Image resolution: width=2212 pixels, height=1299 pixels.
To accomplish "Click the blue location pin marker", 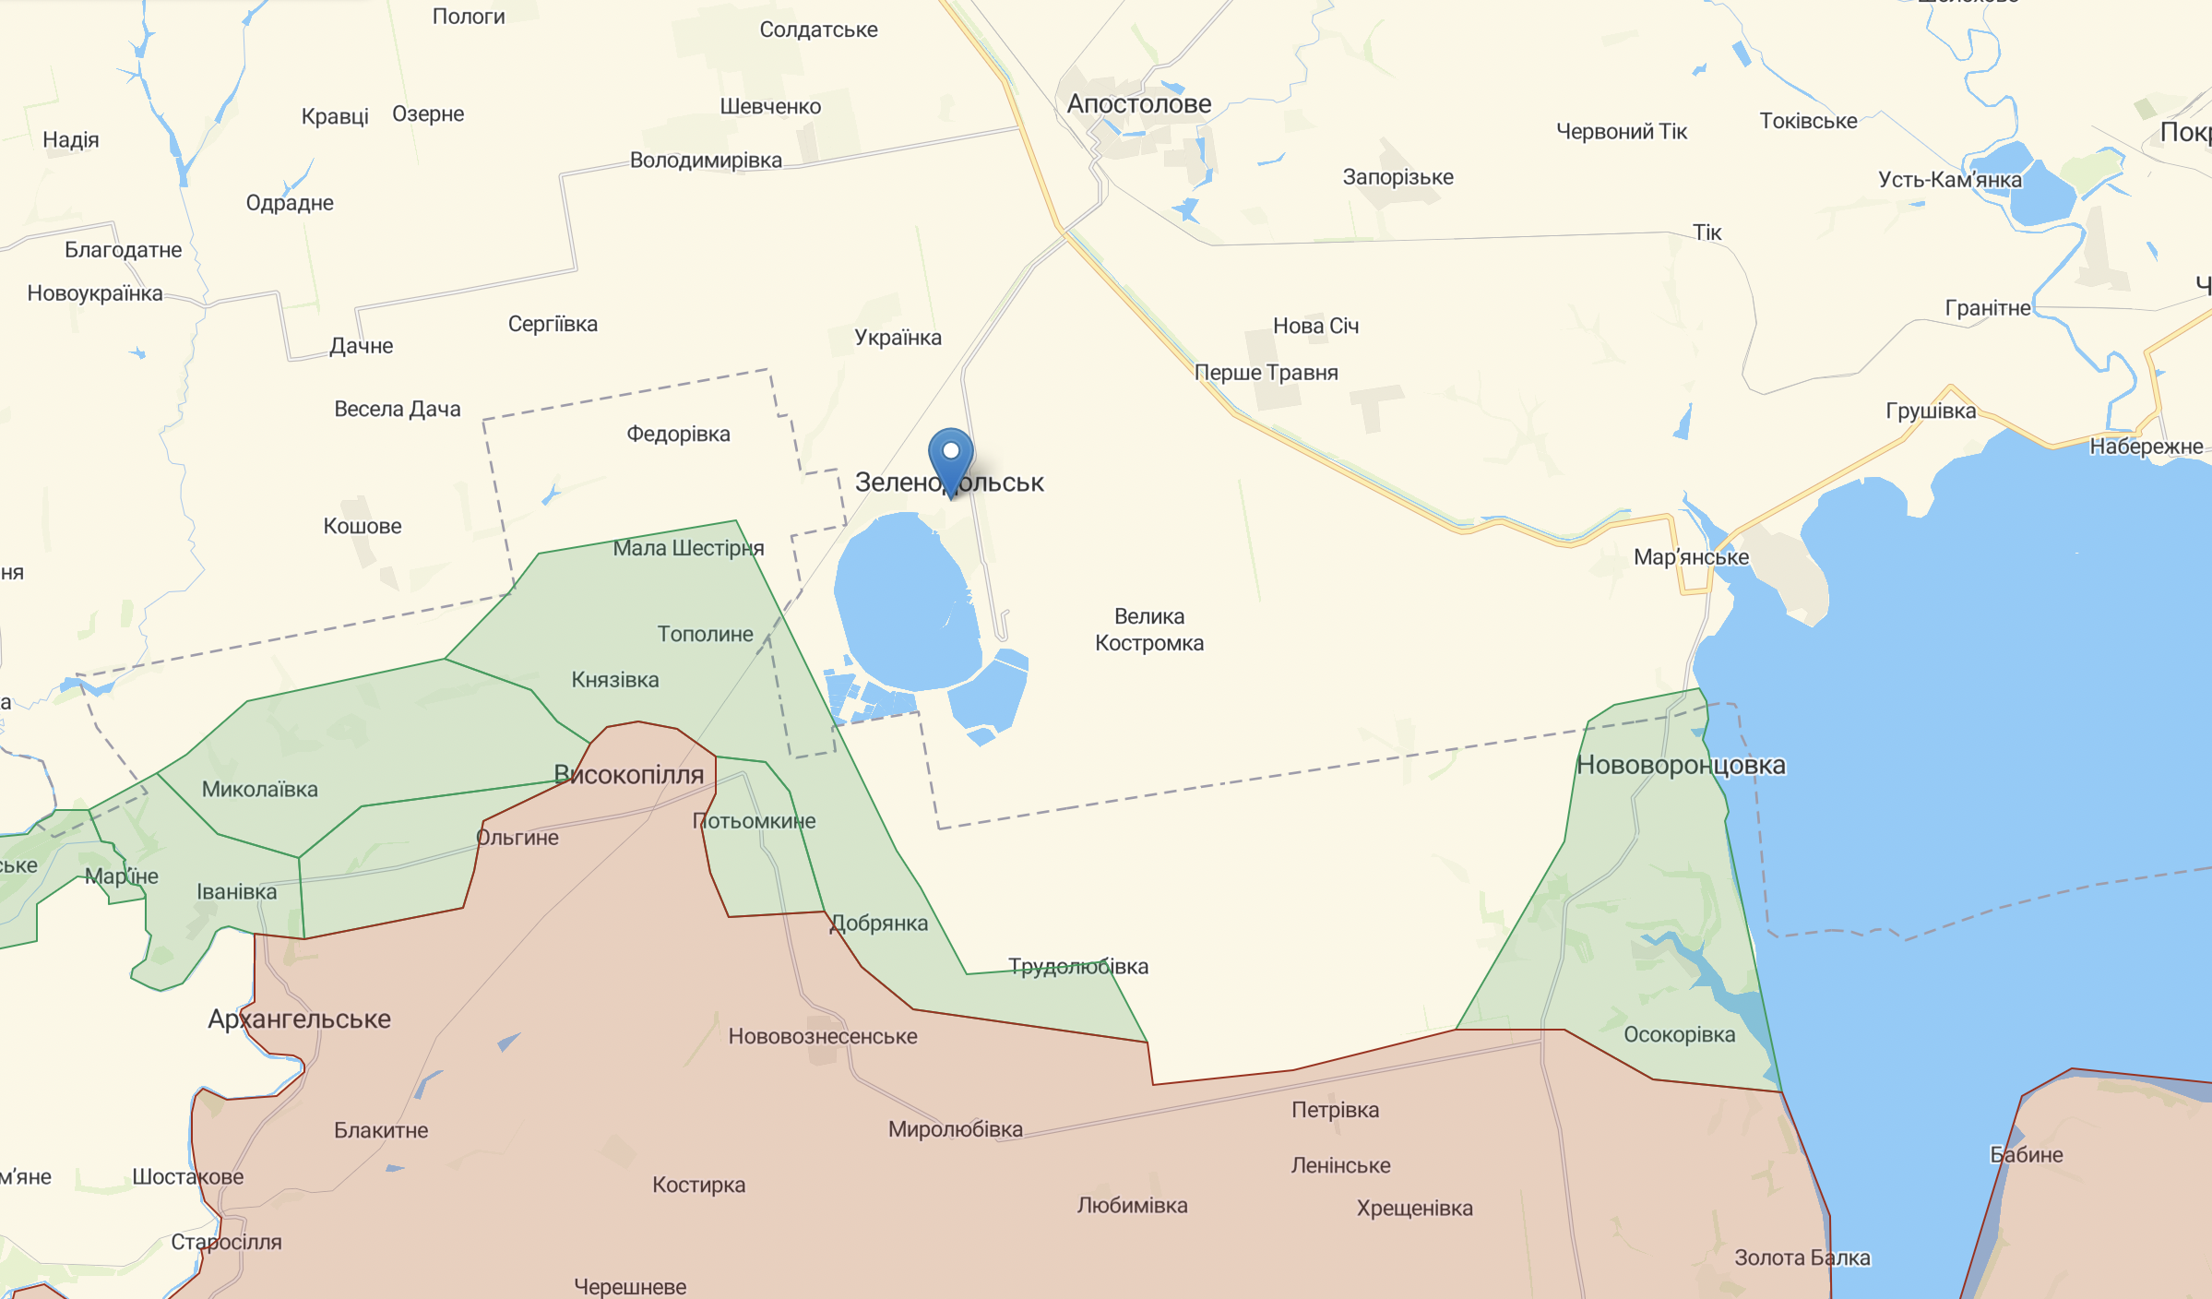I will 950,458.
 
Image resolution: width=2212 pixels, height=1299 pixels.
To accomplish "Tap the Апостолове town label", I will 1138,104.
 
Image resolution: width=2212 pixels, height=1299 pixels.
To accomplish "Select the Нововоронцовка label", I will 1681,765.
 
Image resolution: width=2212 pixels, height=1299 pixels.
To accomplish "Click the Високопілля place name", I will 628,775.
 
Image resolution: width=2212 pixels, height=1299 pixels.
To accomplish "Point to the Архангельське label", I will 299,1019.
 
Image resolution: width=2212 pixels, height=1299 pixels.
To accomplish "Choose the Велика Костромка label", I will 1149,629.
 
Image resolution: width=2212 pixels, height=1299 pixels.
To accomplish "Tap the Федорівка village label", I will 678,434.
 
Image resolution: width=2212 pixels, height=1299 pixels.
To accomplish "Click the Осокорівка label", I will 1679,1035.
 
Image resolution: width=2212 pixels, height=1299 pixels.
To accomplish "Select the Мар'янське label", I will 1691,557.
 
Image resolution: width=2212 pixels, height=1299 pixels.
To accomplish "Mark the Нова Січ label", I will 1315,326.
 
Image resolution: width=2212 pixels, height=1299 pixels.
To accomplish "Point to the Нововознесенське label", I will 823,1037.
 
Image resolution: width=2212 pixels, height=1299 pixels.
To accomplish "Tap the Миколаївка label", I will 259,790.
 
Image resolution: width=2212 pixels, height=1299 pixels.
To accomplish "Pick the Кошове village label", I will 363,527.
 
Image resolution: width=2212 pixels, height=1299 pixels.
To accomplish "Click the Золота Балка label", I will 1802,1258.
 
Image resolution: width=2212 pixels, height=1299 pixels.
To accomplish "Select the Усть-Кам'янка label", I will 1949,180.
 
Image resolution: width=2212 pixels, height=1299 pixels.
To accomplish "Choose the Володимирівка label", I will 706,161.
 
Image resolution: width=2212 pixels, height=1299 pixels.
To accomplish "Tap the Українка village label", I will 898,338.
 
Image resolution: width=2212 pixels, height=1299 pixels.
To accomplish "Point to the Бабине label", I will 2026,1155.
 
